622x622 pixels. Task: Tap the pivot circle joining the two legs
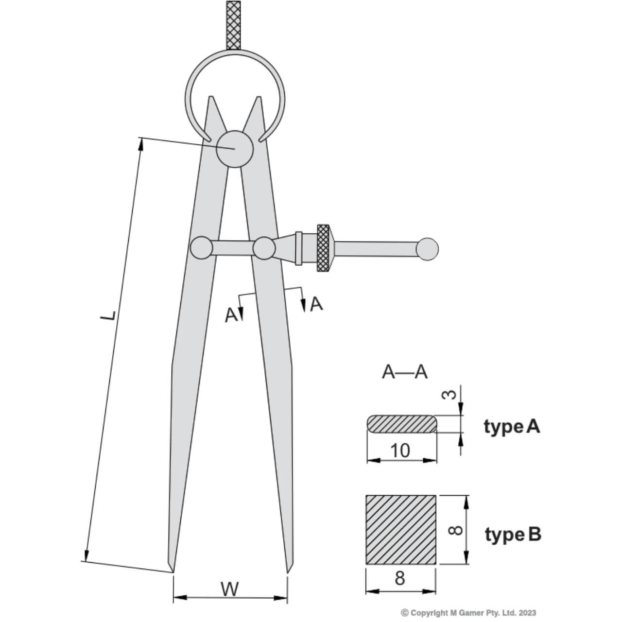pyautogui.click(x=235, y=149)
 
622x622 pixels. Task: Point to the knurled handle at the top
pyautogui.click(x=234, y=24)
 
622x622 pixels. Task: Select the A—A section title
pyautogui.click(x=404, y=372)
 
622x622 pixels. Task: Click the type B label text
pyautogui.click(x=513, y=535)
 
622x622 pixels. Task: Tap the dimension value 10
pyautogui.click(x=400, y=450)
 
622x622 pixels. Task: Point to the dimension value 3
pyautogui.click(x=451, y=394)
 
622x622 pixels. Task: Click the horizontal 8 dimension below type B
pyautogui.click(x=400, y=579)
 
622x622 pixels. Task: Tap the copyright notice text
pyautogui.click(x=469, y=613)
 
